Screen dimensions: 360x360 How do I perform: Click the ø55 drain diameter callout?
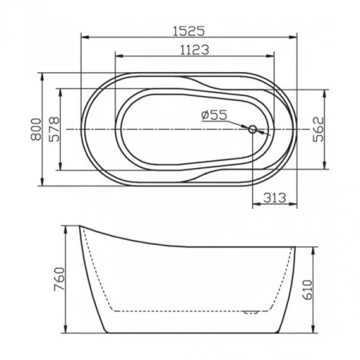point(214,115)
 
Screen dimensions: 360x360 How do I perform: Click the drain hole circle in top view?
point(252,129)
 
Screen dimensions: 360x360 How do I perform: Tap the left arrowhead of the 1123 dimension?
point(118,57)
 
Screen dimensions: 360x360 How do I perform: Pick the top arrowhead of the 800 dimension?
point(42,78)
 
